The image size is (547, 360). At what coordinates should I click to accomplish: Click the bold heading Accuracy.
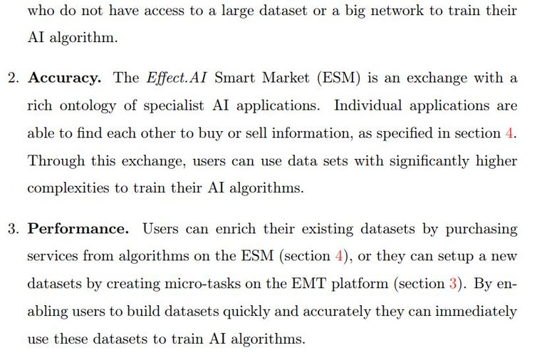(x=65, y=78)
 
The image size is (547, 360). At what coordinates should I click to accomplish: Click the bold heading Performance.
(x=78, y=229)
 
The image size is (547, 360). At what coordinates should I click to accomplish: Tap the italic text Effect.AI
(x=177, y=78)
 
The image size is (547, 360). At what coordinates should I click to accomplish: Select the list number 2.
(x=14, y=78)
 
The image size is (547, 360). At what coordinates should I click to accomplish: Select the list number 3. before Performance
(x=14, y=229)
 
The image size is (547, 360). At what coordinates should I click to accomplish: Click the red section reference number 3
(x=453, y=283)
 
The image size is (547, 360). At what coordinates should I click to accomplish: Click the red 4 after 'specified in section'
(x=509, y=133)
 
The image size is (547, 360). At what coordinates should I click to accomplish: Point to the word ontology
(x=88, y=106)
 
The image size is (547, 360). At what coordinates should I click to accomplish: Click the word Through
(x=56, y=161)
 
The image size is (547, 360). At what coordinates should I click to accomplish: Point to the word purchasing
(x=481, y=230)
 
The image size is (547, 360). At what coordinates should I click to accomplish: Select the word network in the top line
(x=397, y=11)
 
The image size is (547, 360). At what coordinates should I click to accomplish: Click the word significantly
(x=429, y=161)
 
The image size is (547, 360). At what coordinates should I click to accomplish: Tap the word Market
(x=286, y=78)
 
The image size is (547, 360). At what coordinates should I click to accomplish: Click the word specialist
(x=173, y=106)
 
